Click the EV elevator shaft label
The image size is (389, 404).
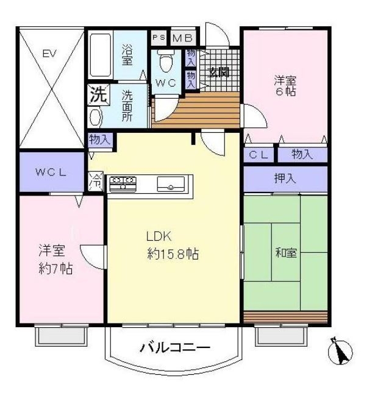[49, 54]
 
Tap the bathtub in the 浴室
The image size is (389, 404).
[101, 55]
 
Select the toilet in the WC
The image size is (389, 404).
[166, 62]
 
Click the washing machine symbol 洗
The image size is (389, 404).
[99, 94]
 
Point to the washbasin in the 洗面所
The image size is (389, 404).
[95, 117]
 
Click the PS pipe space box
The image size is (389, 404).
[159, 38]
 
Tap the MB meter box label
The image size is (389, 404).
[183, 38]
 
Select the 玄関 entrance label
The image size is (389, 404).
[219, 73]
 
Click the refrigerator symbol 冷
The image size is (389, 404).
[96, 182]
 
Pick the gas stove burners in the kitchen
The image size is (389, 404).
[123, 183]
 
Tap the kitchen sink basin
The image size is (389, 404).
[171, 184]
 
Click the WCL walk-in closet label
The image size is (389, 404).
[51, 172]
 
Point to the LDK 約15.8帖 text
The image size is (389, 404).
[173, 245]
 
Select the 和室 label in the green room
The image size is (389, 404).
[286, 252]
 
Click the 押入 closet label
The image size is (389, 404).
[285, 179]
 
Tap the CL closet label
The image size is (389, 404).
[259, 155]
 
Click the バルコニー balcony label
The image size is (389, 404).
[175, 348]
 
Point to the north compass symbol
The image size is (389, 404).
[340, 351]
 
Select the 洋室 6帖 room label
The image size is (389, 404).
[285, 86]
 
